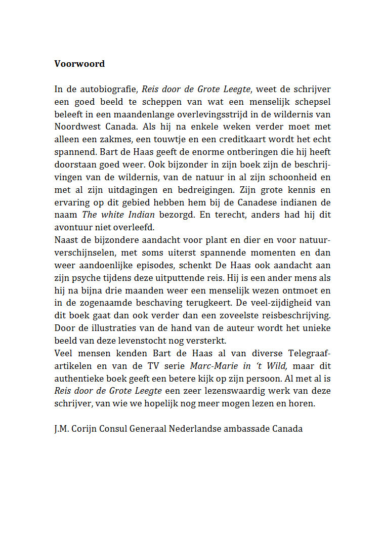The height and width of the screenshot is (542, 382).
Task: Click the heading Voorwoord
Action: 79,64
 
